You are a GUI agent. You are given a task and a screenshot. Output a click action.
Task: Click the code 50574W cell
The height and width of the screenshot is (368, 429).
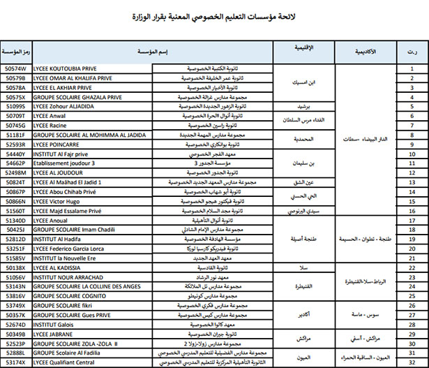pyautogui.click(x=15, y=69)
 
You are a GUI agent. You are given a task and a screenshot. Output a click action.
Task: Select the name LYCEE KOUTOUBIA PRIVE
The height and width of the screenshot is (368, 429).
pyautogui.click(x=66, y=69)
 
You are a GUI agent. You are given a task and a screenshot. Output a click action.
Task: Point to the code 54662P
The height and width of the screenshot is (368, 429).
pyautogui.click(x=15, y=163)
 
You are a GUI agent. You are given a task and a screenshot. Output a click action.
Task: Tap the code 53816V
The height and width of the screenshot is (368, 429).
pyautogui.click(x=15, y=295)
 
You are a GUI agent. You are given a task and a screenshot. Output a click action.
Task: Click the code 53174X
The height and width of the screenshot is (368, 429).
pyautogui.click(x=15, y=362)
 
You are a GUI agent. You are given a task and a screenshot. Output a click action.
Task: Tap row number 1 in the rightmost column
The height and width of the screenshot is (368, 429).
pyautogui.click(x=412, y=69)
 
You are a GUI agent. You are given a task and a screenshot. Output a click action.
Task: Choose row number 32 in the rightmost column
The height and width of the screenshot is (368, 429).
pyautogui.click(x=412, y=362)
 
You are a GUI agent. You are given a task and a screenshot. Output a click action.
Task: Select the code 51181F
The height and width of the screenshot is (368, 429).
pyautogui.click(x=15, y=134)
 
